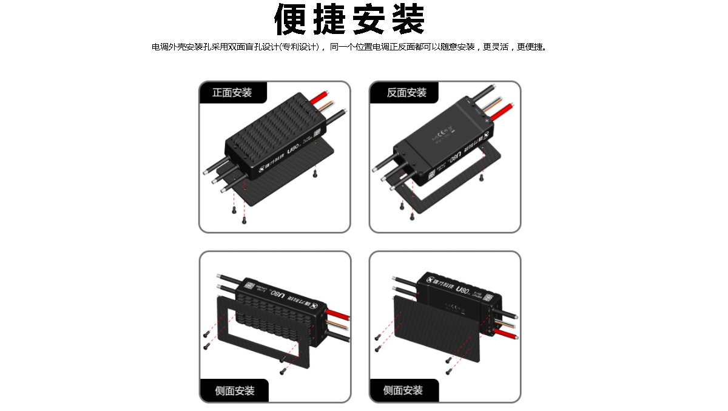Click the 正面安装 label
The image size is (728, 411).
point(232,93)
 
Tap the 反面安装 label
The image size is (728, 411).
point(406,93)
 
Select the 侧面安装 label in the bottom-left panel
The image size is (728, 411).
point(234,390)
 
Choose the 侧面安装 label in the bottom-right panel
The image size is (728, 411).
point(403,390)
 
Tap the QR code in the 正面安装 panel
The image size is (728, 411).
point(317,135)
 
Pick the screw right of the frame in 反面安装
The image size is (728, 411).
point(481,178)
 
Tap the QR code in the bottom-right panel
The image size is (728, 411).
point(487,296)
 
